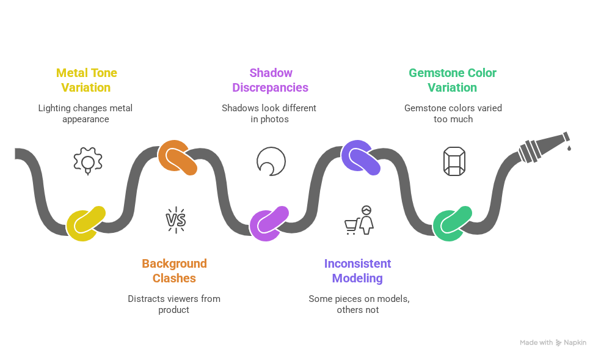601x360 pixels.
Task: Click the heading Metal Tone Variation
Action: click(x=87, y=80)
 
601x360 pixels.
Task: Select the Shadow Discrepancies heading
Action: click(x=270, y=80)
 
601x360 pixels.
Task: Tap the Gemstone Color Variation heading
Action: click(x=452, y=80)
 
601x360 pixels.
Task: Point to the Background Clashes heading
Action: click(x=174, y=271)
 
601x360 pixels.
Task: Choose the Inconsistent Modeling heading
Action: click(x=357, y=271)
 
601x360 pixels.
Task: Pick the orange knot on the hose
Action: click(x=177, y=157)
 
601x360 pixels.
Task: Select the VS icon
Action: click(x=176, y=219)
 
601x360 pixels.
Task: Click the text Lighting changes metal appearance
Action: click(x=86, y=114)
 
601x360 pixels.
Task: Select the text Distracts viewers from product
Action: click(x=174, y=304)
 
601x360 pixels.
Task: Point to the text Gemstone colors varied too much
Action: click(x=453, y=114)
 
